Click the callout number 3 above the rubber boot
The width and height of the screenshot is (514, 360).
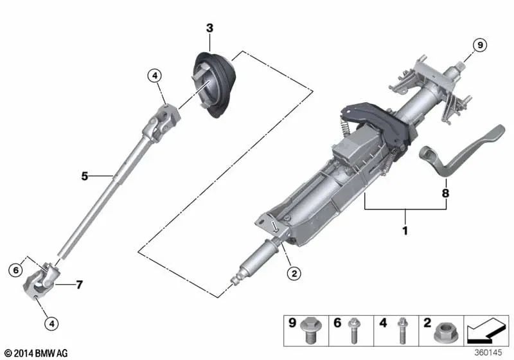point(209,28)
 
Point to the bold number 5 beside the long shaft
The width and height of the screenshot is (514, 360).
point(84,175)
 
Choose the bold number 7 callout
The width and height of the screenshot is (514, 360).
point(79,283)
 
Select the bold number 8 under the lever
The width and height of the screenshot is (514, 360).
point(445,192)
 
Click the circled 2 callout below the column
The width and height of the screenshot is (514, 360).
point(292,273)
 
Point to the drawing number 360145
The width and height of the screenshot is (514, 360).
point(490,353)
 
